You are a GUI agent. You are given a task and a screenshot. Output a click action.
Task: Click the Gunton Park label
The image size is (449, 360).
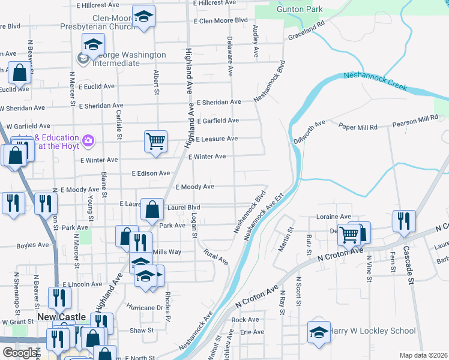tap(299, 9)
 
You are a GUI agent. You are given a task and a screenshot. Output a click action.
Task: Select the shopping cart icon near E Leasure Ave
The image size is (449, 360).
tap(155, 142)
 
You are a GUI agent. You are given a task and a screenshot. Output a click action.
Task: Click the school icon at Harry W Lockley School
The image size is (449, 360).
tap(319, 332)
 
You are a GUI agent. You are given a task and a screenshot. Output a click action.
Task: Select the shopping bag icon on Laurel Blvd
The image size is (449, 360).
tap(152, 209)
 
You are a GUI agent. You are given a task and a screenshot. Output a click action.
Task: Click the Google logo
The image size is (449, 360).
tap(19, 353)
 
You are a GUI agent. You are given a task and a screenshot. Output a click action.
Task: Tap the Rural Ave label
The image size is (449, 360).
tap(216, 257)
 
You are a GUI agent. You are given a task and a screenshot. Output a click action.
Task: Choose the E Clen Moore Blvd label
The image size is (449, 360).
tap(220, 20)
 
